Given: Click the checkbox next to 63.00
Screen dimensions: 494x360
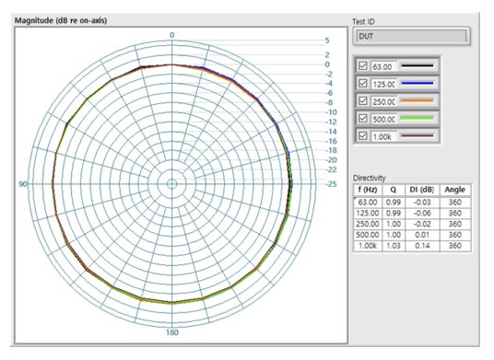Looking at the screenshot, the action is click(363, 65).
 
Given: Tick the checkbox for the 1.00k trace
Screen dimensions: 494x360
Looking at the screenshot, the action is click(363, 135).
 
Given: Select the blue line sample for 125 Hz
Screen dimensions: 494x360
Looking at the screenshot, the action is click(418, 84).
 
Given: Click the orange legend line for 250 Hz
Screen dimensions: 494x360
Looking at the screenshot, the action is click(418, 100).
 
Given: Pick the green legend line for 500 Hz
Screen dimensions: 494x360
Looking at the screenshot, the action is click(418, 119).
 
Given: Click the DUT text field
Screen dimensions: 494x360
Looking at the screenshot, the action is click(411, 36).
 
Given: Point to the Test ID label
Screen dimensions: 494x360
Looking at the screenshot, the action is click(363, 22).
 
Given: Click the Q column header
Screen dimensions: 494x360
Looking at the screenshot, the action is click(394, 190).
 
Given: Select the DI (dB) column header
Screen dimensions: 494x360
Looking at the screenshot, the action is click(422, 190).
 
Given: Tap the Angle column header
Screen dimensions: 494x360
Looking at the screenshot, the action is click(455, 190).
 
